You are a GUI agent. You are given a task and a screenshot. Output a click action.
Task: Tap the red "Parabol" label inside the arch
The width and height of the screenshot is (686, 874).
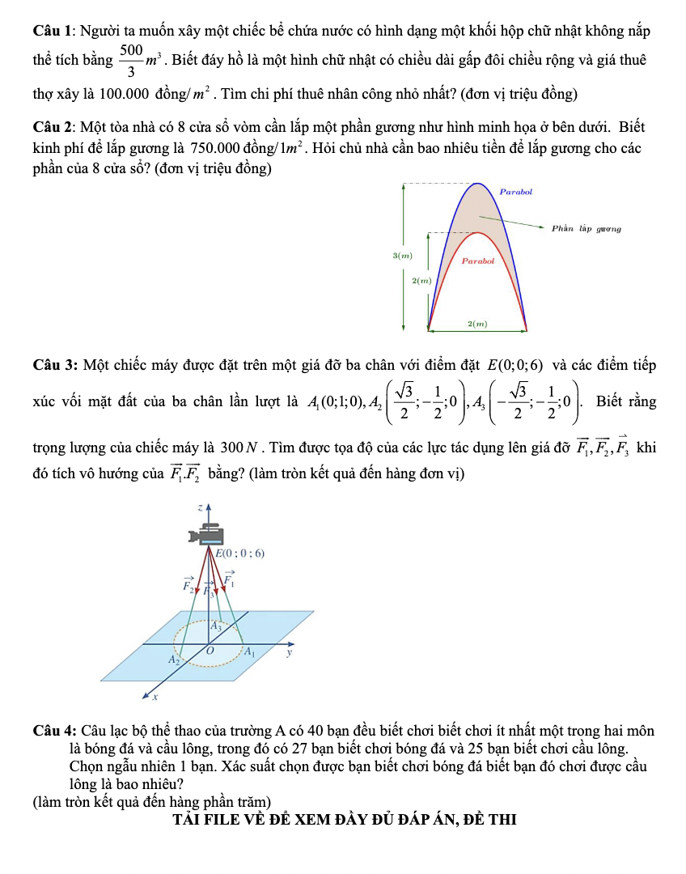pos(477,261)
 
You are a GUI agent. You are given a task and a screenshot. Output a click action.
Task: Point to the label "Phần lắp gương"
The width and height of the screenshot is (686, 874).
pos(586,229)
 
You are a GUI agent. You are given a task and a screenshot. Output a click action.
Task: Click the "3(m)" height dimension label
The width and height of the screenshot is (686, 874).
pos(402,256)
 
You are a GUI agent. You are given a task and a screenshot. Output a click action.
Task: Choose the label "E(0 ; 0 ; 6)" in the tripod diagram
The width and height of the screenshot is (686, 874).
pos(240,554)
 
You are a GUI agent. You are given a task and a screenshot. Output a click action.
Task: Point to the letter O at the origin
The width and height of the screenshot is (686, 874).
pos(210,651)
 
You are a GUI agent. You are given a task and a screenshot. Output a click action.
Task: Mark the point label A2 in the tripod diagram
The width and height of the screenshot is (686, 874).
pos(172,660)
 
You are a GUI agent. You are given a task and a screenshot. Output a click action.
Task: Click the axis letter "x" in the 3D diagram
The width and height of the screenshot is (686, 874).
pos(155,695)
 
